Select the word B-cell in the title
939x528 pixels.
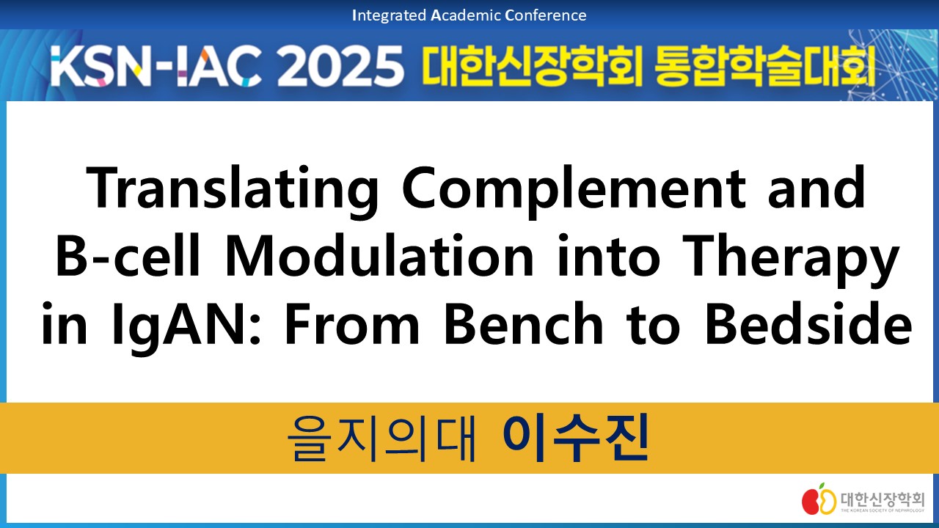coord(128,256)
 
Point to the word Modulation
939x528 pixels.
coord(379,256)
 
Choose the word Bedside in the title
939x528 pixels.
coord(808,323)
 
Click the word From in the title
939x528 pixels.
coord(352,323)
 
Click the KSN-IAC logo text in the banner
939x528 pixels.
coord(156,65)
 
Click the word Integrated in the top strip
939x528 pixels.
coord(389,15)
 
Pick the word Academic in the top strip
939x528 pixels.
coord(465,15)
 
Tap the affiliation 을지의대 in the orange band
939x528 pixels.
coord(381,439)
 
